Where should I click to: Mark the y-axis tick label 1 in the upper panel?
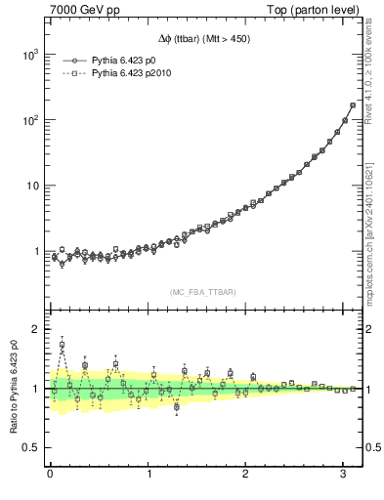pyautogui.click(x=34, y=251)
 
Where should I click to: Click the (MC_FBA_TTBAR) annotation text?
pyautogui.click(x=203, y=292)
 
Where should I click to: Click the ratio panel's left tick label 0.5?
pyautogui.click(x=29, y=447)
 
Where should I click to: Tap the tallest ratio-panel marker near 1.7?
pyautogui.click(x=63, y=345)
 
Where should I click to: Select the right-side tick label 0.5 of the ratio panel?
pyautogui.click(x=372, y=447)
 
